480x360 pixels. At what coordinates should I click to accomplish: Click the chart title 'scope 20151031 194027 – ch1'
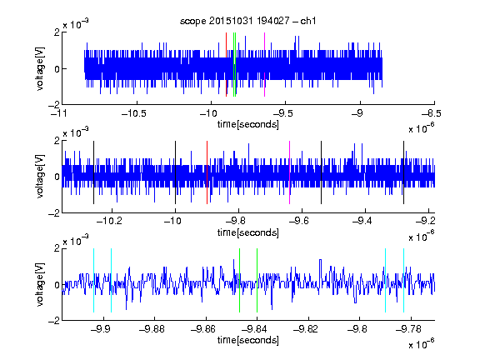coord(247,21)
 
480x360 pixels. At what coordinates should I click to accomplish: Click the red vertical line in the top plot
coord(226,64)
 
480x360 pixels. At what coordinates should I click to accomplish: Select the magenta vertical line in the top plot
coord(264,64)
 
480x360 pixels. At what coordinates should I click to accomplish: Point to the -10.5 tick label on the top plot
coord(134,113)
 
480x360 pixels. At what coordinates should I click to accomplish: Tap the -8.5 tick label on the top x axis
coord(431,113)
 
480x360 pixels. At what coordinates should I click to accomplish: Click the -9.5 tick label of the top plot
coord(282,113)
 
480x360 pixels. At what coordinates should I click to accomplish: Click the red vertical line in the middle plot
coord(207,172)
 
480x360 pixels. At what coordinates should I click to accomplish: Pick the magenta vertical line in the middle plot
coord(290,172)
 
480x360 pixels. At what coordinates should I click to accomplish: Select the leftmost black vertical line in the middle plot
coord(93,172)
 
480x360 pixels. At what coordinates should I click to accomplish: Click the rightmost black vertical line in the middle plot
coord(404,172)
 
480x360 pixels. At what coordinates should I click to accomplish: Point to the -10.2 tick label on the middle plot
coord(109,221)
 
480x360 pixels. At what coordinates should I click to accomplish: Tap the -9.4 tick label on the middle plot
coord(362,221)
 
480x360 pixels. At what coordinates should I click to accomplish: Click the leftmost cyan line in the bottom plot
coord(93,280)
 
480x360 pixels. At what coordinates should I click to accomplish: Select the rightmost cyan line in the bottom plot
coord(404,280)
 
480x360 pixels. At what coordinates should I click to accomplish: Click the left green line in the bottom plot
coord(239,280)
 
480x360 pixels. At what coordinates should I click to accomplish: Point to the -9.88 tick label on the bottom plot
coord(152,329)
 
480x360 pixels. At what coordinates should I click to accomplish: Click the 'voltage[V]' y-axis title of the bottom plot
coord(40,284)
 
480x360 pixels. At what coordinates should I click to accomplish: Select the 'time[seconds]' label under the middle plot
coord(248,232)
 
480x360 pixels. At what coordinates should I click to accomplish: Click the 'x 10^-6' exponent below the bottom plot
coord(421,343)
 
